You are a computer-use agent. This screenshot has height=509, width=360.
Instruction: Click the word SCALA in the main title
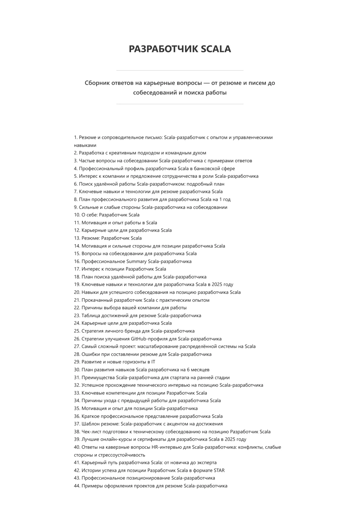pos(216,49)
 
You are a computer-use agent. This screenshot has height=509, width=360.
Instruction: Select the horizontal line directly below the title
pos(180,71)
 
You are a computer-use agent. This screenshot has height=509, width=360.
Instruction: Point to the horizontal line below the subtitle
pos(180,104)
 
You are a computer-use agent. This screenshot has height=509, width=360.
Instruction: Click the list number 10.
pos(77,215)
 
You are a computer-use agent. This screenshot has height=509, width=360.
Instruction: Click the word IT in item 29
pos(153,362)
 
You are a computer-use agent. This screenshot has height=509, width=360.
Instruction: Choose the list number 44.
pos(77,486)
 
